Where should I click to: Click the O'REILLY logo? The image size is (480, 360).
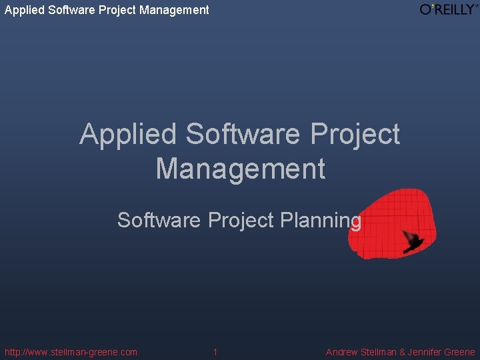point(449,9)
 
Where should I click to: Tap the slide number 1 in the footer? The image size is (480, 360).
point(215,352)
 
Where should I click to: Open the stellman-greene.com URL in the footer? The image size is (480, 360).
point(71,352)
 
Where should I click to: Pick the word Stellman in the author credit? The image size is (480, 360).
point(379,352)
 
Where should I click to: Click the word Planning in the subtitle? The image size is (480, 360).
point(321,220)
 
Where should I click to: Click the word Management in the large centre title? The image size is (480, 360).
point(241,168)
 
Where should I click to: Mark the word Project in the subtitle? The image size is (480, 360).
point(241,220)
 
